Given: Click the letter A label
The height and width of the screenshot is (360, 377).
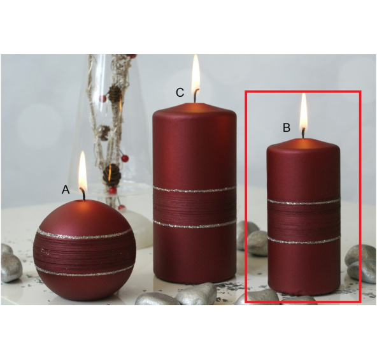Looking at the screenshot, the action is (66, 189).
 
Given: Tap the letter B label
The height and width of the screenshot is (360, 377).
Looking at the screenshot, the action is (287, 127).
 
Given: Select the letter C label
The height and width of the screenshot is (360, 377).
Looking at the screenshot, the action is (180, 92).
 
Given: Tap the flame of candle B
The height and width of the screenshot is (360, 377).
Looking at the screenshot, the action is (303, 112).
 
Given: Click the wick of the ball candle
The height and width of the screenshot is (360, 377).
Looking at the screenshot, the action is (83, 194).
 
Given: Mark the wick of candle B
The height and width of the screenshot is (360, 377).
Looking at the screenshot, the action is (303, 133).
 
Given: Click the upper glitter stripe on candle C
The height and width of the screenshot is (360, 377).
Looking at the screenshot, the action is (194, 190).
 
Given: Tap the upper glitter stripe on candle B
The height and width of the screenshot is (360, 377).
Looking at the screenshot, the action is (304, 201).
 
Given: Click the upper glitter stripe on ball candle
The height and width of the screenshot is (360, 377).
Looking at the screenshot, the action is (84, 234).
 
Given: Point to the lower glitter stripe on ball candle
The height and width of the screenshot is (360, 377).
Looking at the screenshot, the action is (85, 271).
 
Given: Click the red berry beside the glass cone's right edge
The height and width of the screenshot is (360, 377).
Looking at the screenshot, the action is (125, 159).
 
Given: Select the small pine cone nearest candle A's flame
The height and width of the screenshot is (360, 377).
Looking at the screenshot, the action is (112, 175).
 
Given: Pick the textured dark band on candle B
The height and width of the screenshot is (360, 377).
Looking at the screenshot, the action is (304, 221).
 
